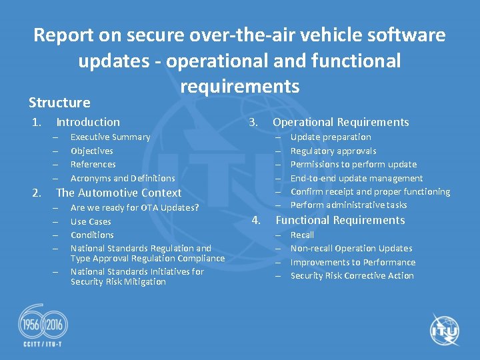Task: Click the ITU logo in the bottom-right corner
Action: pyautogui.click(x=445, y=329)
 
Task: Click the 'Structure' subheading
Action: pyautogui.click(x=59, y=103)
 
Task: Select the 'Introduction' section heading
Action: pyautogui.click(x=88, y=122)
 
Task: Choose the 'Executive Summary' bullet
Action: pyautogui.click(x=110, y=137)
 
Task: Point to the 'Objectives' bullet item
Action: pyautogui.click(x=91, y=151)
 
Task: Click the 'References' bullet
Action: pyautogui.click(x=93, y=165)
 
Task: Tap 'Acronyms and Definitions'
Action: pyautogui.click(x=123, y=178)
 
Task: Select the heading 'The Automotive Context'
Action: pyautogui.click(x=119, y=193)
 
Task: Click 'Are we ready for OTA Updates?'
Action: pyautogui.click(x=134, y=208)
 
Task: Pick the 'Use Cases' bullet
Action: pyautogui.click(x=91, y=221)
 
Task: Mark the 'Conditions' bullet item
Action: pyautogui.click(x=92, y=235)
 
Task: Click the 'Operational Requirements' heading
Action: pyautogui.click(x=341, y=122)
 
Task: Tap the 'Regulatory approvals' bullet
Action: pyautogui.click(x=333, y=151)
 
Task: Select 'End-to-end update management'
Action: pyautogui.click(x=357, y=178)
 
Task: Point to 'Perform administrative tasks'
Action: pyautogui.click(x=349, y=205)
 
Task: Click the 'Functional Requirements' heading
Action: pyautogui.click(x=340, y=220)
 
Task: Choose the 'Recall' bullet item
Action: pyautogui.click(x=302, y=235)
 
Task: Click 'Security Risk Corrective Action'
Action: pyautogui.click(x=352, y=276)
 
